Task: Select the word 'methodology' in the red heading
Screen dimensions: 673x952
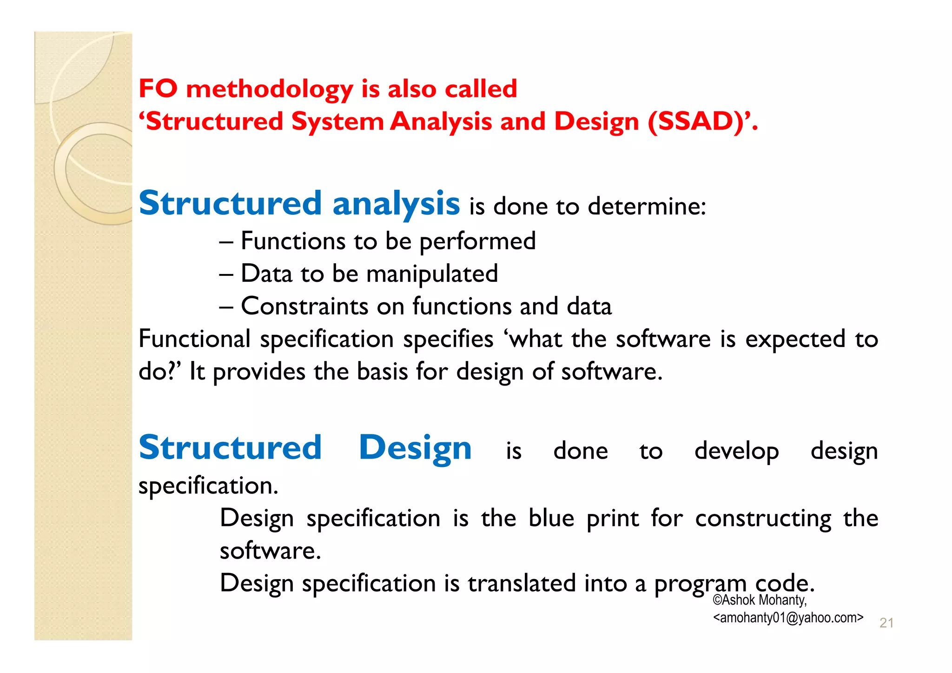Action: tap(269, 89)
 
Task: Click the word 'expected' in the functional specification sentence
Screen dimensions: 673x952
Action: tap(795, 339)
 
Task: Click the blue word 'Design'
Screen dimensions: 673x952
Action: tap(415, 448)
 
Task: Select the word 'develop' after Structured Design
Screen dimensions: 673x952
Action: tap(736, 451)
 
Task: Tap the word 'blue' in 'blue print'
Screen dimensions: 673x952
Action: tap(551, 518)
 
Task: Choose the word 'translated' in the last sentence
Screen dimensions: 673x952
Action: tap(522, 583)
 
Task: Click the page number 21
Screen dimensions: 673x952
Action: tap(886, 623)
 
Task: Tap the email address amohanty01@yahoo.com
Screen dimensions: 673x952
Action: tap(788, 618)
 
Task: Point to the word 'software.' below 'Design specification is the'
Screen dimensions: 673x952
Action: tap(270, 551)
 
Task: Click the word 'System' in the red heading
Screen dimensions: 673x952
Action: tap(337, 122)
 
